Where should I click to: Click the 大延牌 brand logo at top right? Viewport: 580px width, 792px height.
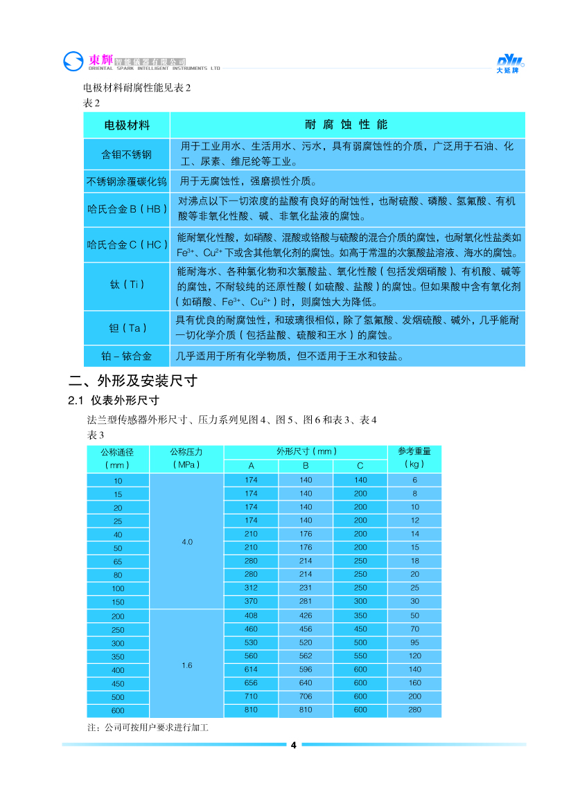tap(511, 63)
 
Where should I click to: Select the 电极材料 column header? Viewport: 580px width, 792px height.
tap(127, 125)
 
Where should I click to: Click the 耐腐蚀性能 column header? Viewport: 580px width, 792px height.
tap(346, 125)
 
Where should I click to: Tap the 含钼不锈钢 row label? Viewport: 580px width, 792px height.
tap(127, 154)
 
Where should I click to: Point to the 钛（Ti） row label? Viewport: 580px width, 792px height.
tap(127, 284)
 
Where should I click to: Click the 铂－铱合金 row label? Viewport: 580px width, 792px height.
tap(127, 357)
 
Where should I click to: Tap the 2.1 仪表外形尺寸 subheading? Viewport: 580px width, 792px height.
tap(114, 400)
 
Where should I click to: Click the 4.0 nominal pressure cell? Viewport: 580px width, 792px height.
tap(187, 541)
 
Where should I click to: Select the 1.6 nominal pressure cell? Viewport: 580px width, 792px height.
tap(187, 665)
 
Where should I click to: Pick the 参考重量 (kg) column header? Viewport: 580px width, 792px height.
tap(414, 458)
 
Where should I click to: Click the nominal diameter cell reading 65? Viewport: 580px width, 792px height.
tap(118, 561)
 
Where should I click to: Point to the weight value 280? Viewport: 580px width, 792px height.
tap(414, 710)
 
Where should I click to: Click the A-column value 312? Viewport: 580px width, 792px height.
tap(251, 587)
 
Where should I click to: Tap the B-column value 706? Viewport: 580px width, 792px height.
tap(306, 696)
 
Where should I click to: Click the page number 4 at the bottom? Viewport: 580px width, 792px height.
tap(293, 745)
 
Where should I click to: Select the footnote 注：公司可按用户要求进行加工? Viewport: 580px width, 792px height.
tap(147, 728)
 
